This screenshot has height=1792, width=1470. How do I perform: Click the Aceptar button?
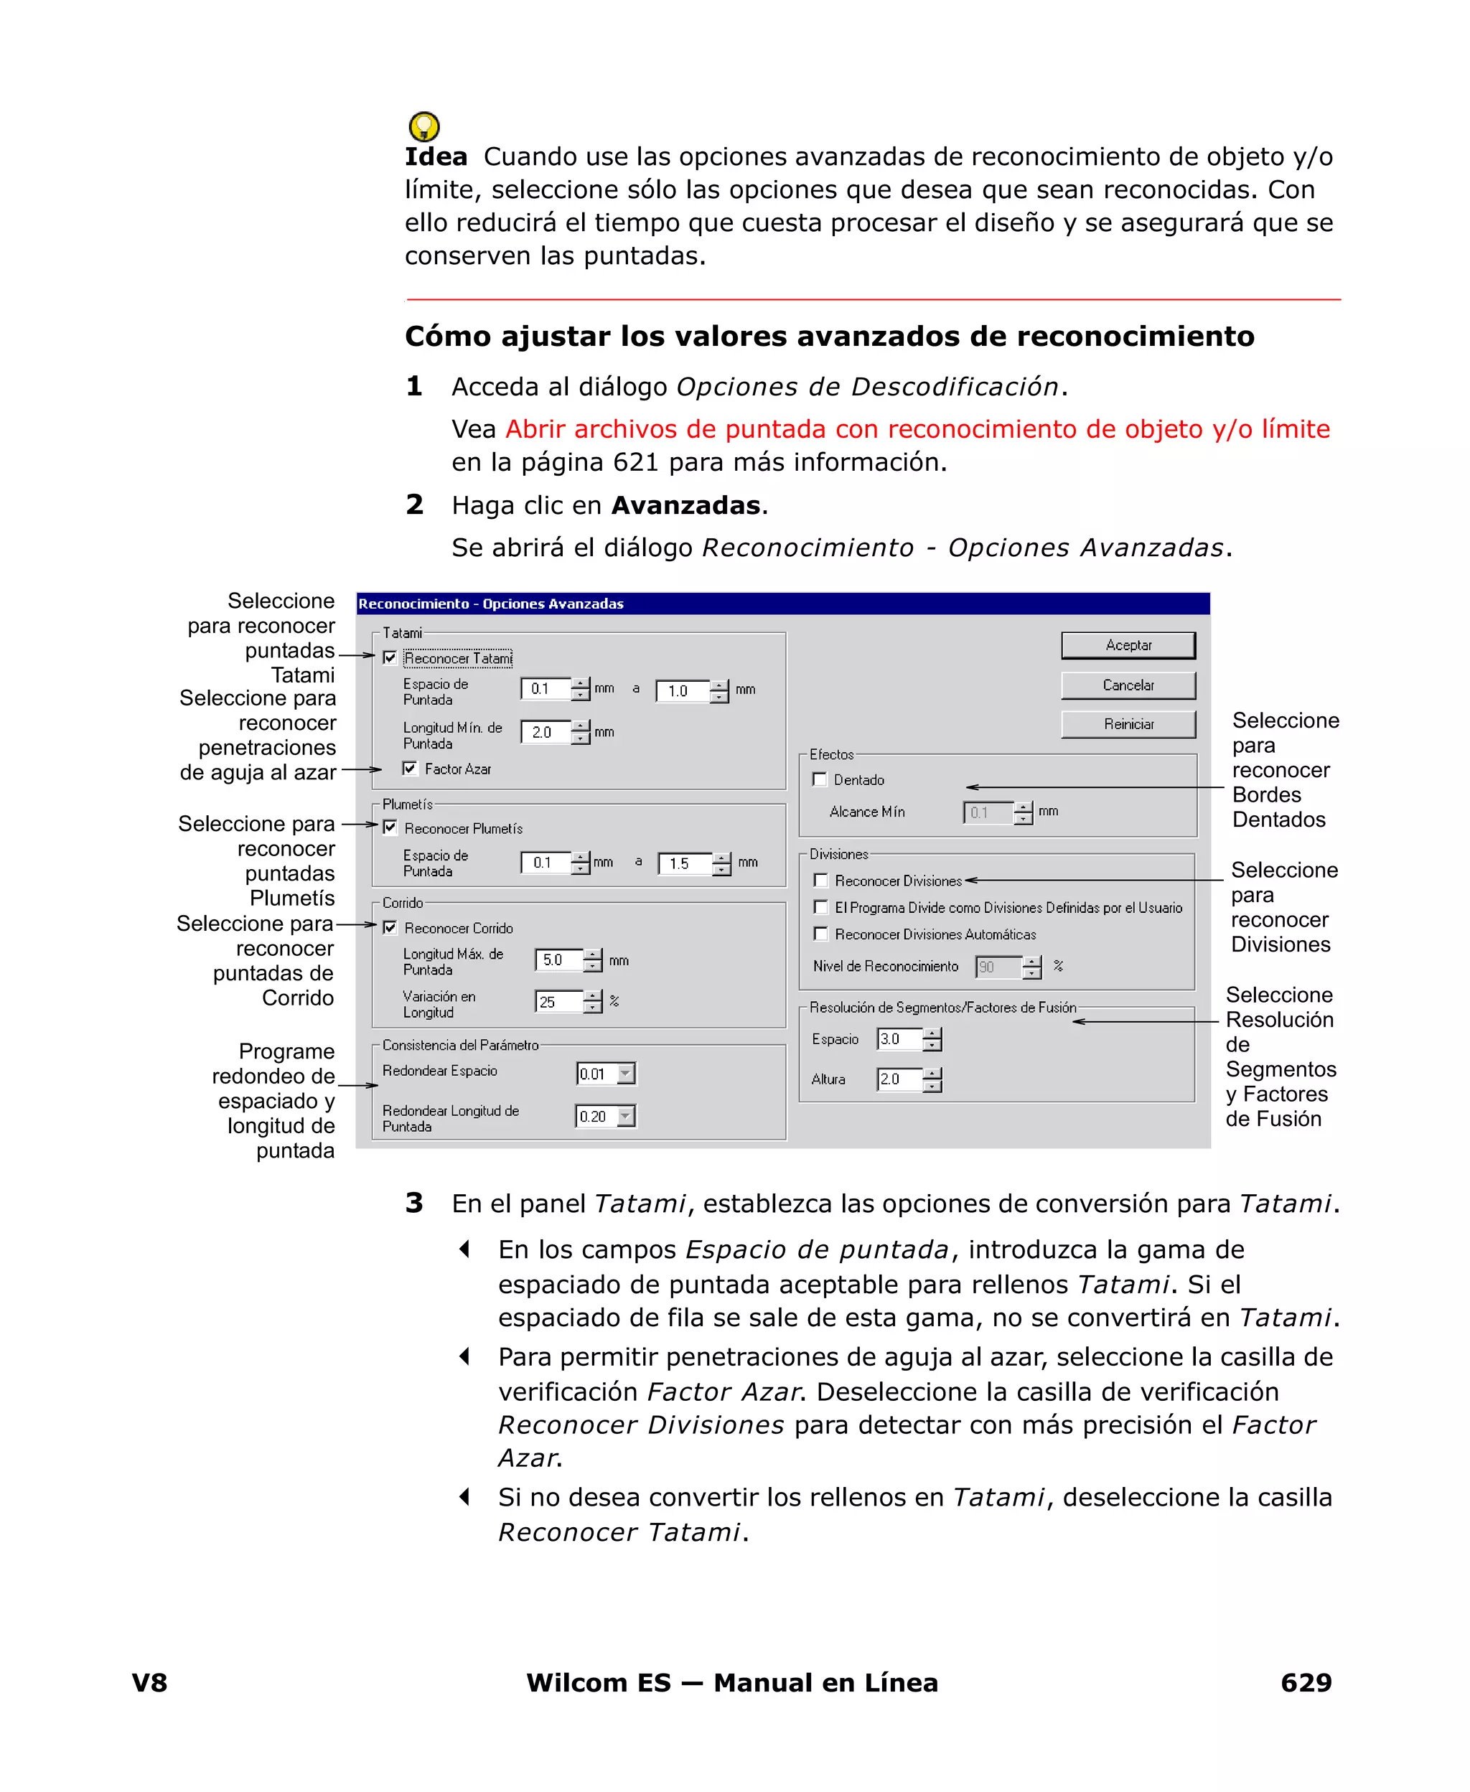coord(1127,645)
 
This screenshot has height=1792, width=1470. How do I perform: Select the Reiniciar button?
coord(1127,723)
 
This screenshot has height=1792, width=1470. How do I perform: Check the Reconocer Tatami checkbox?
coord(390,657)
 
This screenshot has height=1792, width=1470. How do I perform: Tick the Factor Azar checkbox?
coord(410,769)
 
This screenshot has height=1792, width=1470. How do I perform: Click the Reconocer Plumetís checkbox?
coord(390,828)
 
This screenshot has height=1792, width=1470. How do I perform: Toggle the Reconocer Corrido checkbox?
coord(390,928)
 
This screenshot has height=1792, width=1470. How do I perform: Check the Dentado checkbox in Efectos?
coord(820,779)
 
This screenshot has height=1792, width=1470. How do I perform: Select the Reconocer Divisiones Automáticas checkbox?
coord(820,934)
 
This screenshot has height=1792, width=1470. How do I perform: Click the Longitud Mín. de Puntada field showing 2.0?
coord(546,732)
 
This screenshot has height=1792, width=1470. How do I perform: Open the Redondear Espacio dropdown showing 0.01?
coord(626,1074)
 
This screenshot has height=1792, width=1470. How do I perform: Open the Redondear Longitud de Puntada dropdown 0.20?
coord(626,1117)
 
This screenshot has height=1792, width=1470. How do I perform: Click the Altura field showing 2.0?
coord(898,1079)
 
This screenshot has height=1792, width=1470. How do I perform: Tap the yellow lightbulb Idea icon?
coord(423,127)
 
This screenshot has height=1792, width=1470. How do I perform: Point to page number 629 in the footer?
coord(1305,1683)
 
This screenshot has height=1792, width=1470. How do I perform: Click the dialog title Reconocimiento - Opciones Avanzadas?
coord(491,604)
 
